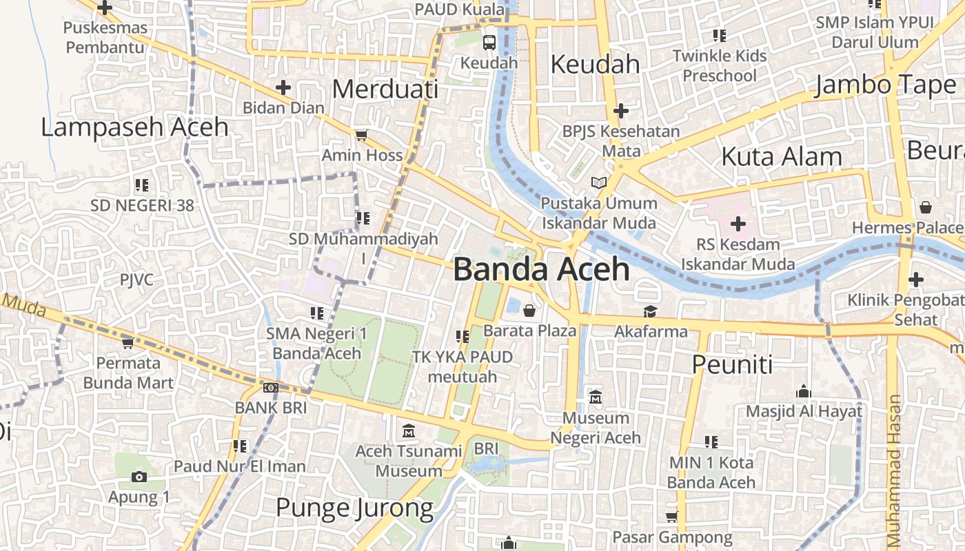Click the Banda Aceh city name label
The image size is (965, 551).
(x=541, y=270)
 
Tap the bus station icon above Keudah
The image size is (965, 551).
(x=489, y=43)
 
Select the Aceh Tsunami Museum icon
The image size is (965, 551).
(x=409, y=431)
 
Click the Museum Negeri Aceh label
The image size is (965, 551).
(x=596, y=428)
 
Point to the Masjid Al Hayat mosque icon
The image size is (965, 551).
(x=803, y=392)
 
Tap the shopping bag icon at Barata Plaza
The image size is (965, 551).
(x=529, y=311)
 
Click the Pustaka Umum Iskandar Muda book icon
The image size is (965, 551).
(x=599, y=183)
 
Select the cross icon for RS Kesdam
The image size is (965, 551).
(x=738, y=224)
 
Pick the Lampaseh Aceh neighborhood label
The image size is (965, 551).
(x=134, y=127)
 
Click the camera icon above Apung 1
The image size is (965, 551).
(x=139, y=477)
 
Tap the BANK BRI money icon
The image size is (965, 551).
(x=271, y=388)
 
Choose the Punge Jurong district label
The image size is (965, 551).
(x=354, y=508)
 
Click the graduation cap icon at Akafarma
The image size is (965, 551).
(x=650, y=312)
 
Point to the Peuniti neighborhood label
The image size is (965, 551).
(x=732, y=364)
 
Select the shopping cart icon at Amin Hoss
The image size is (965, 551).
(x=361, y=135)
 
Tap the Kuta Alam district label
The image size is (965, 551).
(x=781, y=157)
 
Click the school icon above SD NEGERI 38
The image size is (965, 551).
(x=142, y=185)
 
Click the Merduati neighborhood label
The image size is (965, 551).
(x=385, y=90)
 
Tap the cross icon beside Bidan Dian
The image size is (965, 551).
(x=283, y=87)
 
